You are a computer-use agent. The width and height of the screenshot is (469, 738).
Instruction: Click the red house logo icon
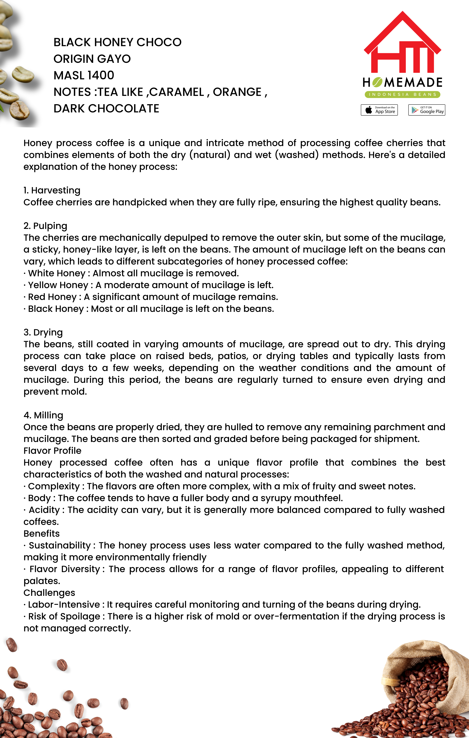coord(402,43)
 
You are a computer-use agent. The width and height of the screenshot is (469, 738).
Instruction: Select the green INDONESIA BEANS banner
coord(402,94)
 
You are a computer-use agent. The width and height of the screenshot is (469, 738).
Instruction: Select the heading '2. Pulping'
coord(45,226)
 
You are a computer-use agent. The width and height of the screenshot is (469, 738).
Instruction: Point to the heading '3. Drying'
coord(43,332)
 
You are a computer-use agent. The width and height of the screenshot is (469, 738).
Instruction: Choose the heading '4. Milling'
coord(44,415)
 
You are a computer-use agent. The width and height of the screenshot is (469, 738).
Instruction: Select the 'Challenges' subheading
coord(49,593)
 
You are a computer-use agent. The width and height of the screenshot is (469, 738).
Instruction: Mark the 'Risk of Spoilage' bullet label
coord(64,616)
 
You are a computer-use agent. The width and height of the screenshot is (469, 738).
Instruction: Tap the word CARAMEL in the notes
coord(177,92)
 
